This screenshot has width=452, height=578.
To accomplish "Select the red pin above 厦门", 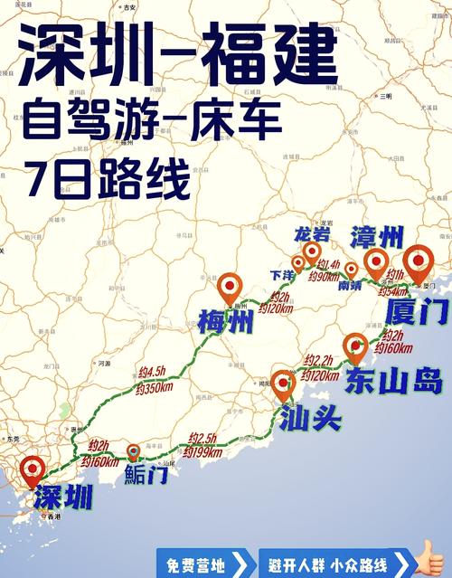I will click(418, 263).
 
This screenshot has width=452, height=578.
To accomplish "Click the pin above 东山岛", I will click(356, 347).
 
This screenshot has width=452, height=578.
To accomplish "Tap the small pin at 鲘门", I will click(134, 450).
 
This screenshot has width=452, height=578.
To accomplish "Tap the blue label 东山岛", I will click(393, 381).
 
